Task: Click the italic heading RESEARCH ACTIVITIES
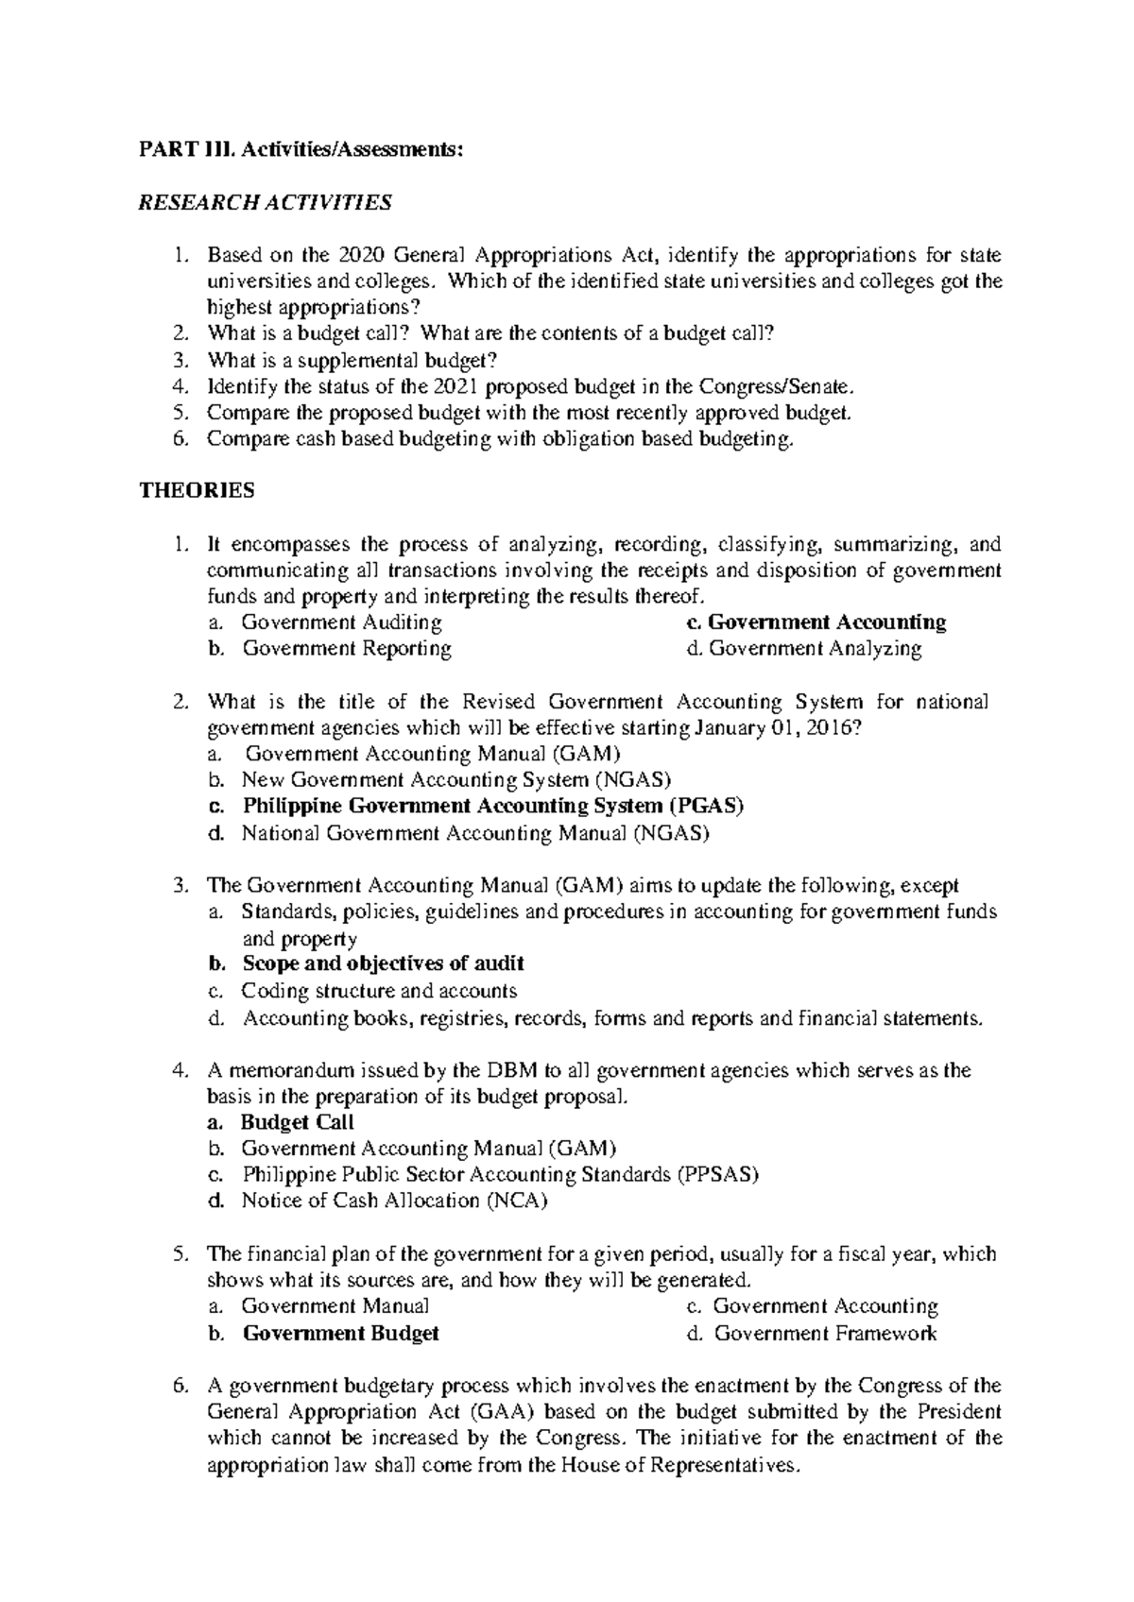(x=265, y=202)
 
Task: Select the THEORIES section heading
(x=198, y=490)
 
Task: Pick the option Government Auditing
(x=341, y=622)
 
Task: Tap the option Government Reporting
(x=347, y=649)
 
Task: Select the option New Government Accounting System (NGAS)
(x=456, y=780)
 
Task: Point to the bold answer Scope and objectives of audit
(x=383, y=963)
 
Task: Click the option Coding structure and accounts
(x=379, y=991)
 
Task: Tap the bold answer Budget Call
(x=298, y=1122)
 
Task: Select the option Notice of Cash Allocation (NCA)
(x=395, y=1201)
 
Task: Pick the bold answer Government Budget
(x=341, y=1334)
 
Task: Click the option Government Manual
(x=335, y=1306)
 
